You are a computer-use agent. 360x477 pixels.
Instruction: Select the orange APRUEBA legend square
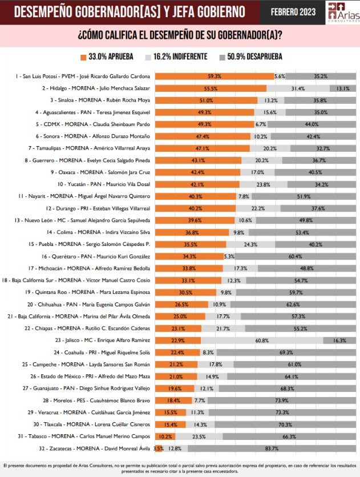[x=83, y=57]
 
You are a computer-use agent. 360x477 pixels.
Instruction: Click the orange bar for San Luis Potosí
[x=215, y=76]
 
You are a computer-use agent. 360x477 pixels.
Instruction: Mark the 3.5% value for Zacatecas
[x=159, y=448]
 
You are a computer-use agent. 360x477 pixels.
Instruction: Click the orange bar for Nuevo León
[x=195, y=220]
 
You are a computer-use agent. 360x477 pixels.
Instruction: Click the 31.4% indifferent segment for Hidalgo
[x=298, y=88]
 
